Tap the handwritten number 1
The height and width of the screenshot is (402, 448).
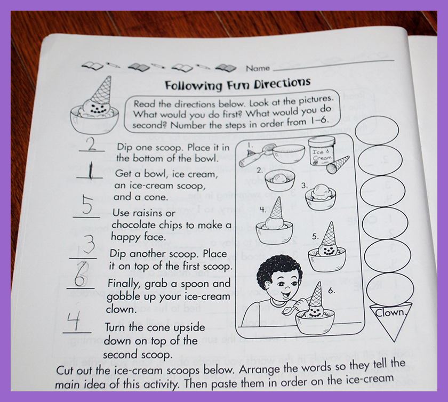(x=90, y=171)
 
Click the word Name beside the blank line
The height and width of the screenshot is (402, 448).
(x=258, y=68)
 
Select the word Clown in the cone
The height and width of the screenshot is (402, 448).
(x=390, y=312)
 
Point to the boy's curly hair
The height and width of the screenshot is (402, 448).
(x=278, y=268)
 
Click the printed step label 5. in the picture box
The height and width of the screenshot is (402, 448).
(x=315, y=237)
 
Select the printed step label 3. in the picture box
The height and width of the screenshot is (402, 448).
(x=305, y=186)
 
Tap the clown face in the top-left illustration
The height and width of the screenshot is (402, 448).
(x=97, y=109)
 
